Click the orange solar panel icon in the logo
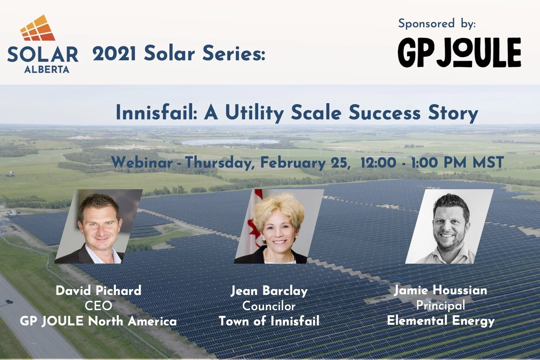(38, 29)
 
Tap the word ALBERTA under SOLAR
(47, 70)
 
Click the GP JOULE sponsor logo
(459, 52)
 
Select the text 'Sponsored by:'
(437, 24)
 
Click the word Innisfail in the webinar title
(157, 113)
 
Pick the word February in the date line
(293, 163)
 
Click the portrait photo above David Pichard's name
(98, 226)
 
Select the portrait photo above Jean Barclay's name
(279, 226)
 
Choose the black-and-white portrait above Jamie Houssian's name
(449, 226)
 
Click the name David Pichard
(98, 290)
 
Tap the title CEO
(98, 306)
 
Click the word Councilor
(269, 306)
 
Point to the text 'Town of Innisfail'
(269, 321)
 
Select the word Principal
(441, 305)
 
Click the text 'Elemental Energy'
(441, 321)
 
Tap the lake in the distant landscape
(230, 142)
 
